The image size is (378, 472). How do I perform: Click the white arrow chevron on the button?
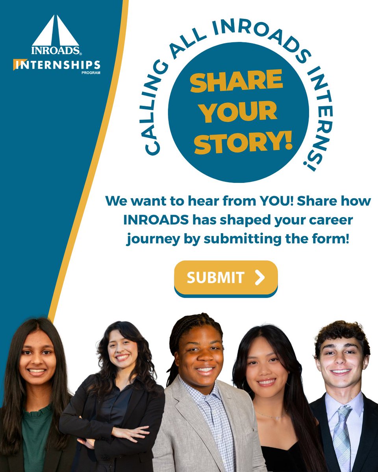point(259,277)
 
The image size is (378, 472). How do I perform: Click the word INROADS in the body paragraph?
point(156,220)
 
